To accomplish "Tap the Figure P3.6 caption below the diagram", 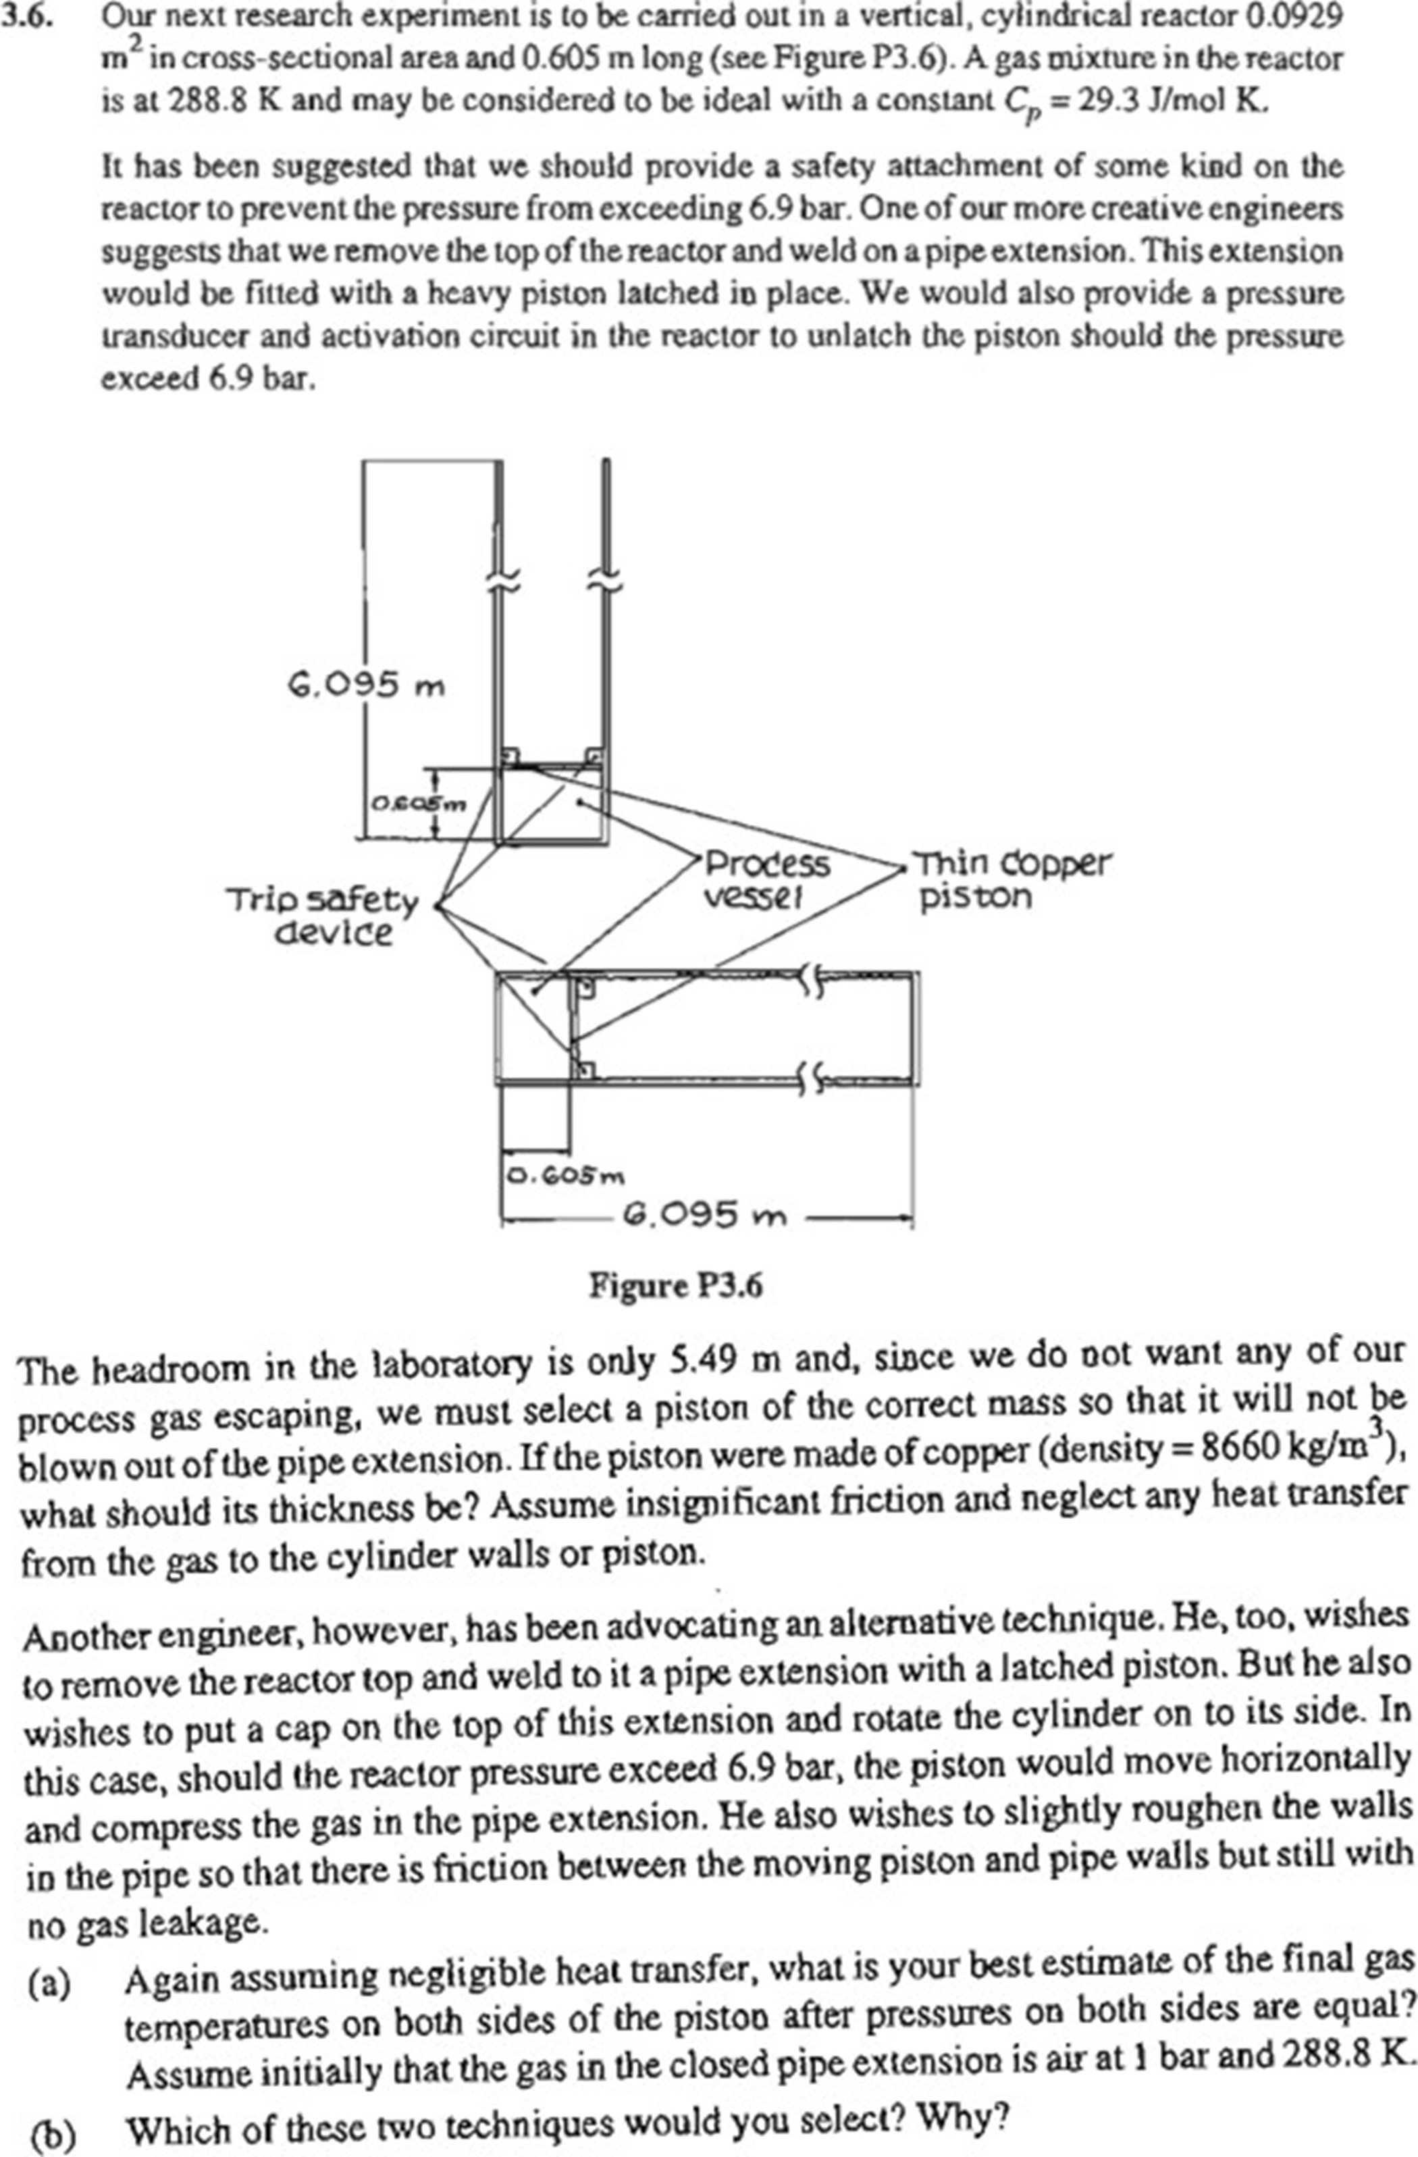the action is coord(675,1285).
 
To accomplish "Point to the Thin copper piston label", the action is coord(1010,879).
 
